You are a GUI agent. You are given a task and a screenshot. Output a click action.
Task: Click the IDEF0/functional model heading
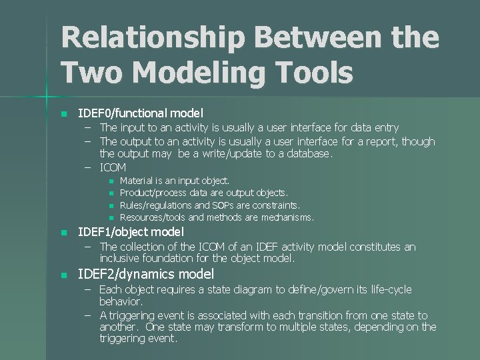[141, 113]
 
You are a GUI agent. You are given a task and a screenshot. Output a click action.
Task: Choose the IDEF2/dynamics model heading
[146, 274]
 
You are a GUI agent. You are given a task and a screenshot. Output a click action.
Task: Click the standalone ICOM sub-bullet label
[113, 167]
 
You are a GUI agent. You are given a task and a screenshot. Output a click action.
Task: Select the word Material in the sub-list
[135, 181]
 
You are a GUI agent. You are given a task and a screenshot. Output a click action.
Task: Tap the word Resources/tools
[153, 217]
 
